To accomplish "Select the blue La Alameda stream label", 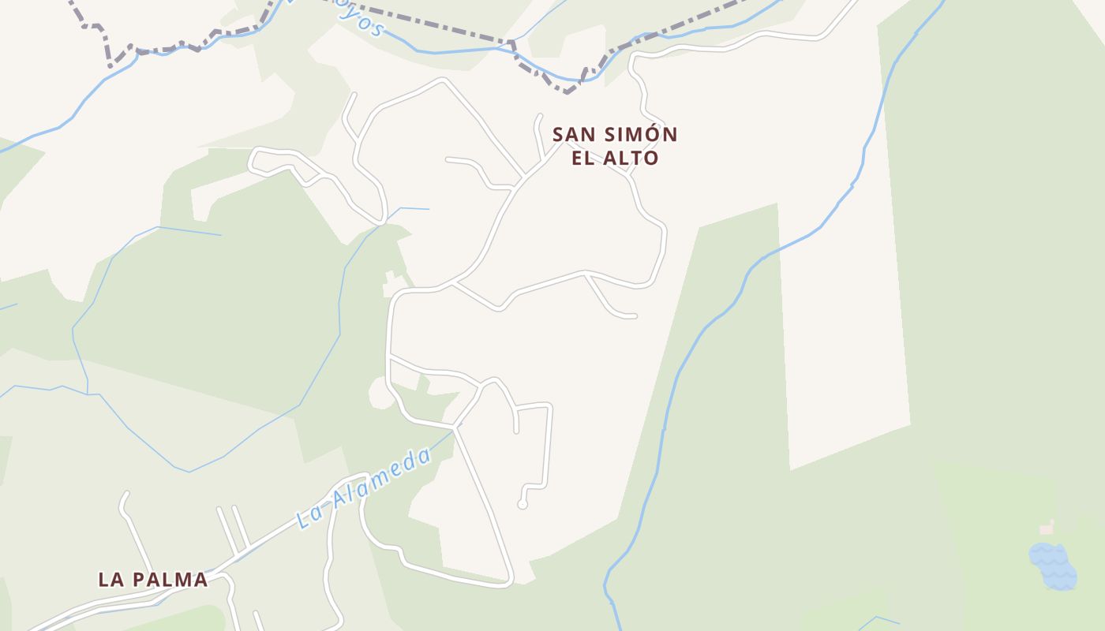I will pos(364,488).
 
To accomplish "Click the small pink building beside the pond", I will pos(1047,528).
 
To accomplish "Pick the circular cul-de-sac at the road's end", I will pos(522,504).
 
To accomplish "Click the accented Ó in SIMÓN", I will pos(653,134).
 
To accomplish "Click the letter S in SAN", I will pos(558,135).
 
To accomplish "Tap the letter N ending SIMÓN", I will pos(670,135).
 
